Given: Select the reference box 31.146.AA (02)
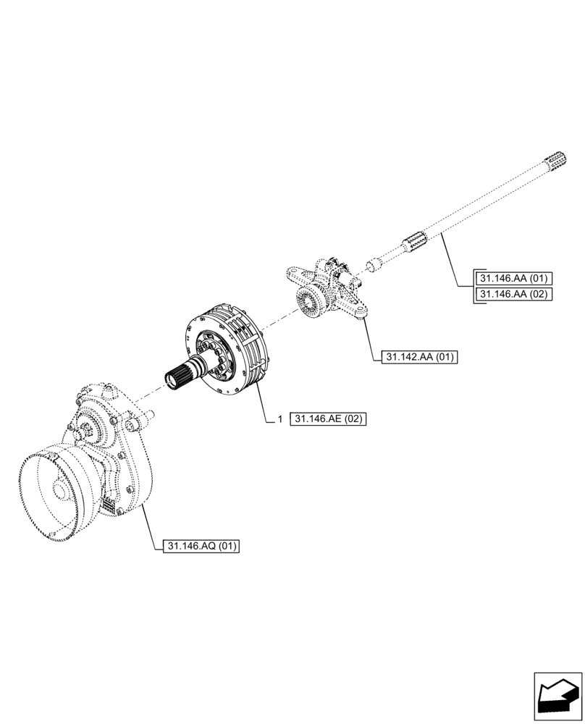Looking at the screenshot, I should (x=513, y=294).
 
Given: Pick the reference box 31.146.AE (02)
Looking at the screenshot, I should (x=328, y=418).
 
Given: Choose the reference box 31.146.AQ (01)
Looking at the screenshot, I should (x=202, y=546).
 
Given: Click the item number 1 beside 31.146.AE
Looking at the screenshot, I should (x=279, y=418).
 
